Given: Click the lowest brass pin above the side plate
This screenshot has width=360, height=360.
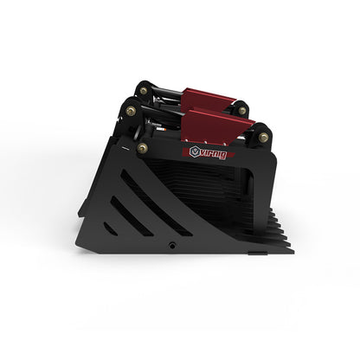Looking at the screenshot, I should point(142,148).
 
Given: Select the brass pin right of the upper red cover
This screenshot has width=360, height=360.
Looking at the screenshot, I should point(242,111).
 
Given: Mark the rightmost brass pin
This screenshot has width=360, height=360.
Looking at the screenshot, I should point(262,137).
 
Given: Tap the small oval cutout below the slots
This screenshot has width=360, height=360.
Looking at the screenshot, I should point(109,228).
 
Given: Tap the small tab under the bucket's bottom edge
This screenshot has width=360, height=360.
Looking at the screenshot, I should point(258,254).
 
